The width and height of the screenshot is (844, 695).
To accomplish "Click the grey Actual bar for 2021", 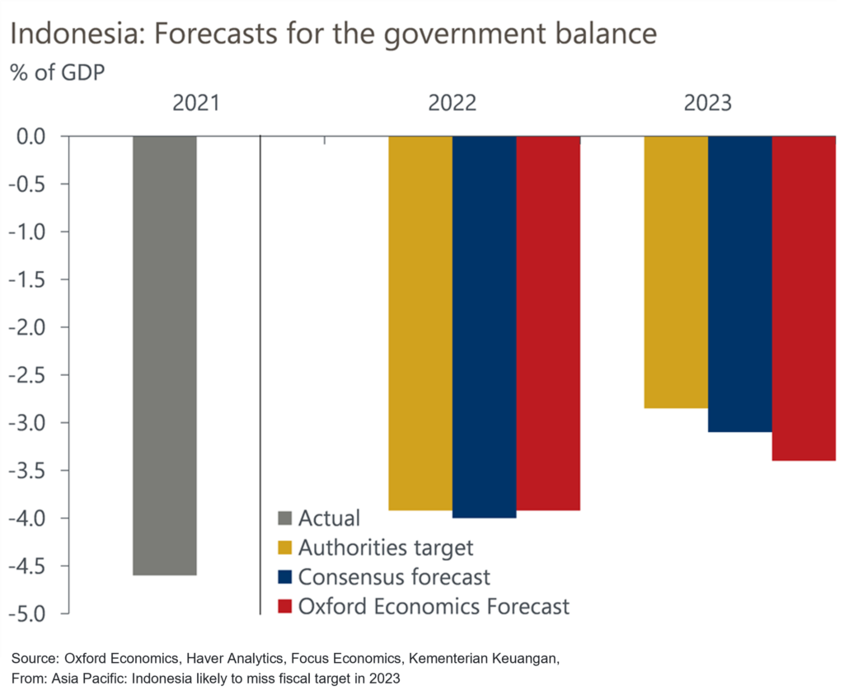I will click(x=165, y=355).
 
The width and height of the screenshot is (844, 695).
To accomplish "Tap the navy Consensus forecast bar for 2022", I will click(x=484, y=326).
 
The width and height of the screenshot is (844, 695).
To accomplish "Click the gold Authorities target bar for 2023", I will click(x=676, y=272).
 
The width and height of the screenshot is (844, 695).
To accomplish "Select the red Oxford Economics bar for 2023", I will click(x=804, y=298).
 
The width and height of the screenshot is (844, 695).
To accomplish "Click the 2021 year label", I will click(x=196, y=104).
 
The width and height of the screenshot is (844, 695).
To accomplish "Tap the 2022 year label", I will click(x=452, y=104).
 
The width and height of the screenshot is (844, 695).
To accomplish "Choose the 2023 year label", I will click(x=707, y=104).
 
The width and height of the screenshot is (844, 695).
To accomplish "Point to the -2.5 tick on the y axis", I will click(x=32, y=375).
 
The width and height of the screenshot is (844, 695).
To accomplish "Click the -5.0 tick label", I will click(x=32, y=614).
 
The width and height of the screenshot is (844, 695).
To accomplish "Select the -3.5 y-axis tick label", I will click(x=32, y=471).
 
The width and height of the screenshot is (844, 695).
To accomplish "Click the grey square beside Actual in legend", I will click(x=285, y=519).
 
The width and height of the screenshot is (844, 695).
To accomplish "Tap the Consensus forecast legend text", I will click(x=394, y=577).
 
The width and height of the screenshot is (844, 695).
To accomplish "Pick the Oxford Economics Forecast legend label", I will click(x=434, y=607).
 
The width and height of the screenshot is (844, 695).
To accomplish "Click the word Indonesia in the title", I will click(x=68, y=34).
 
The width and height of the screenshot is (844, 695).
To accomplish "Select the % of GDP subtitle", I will click(x=58, y=72).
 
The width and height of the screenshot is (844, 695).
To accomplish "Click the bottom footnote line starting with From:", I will click(x=206, y=680).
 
